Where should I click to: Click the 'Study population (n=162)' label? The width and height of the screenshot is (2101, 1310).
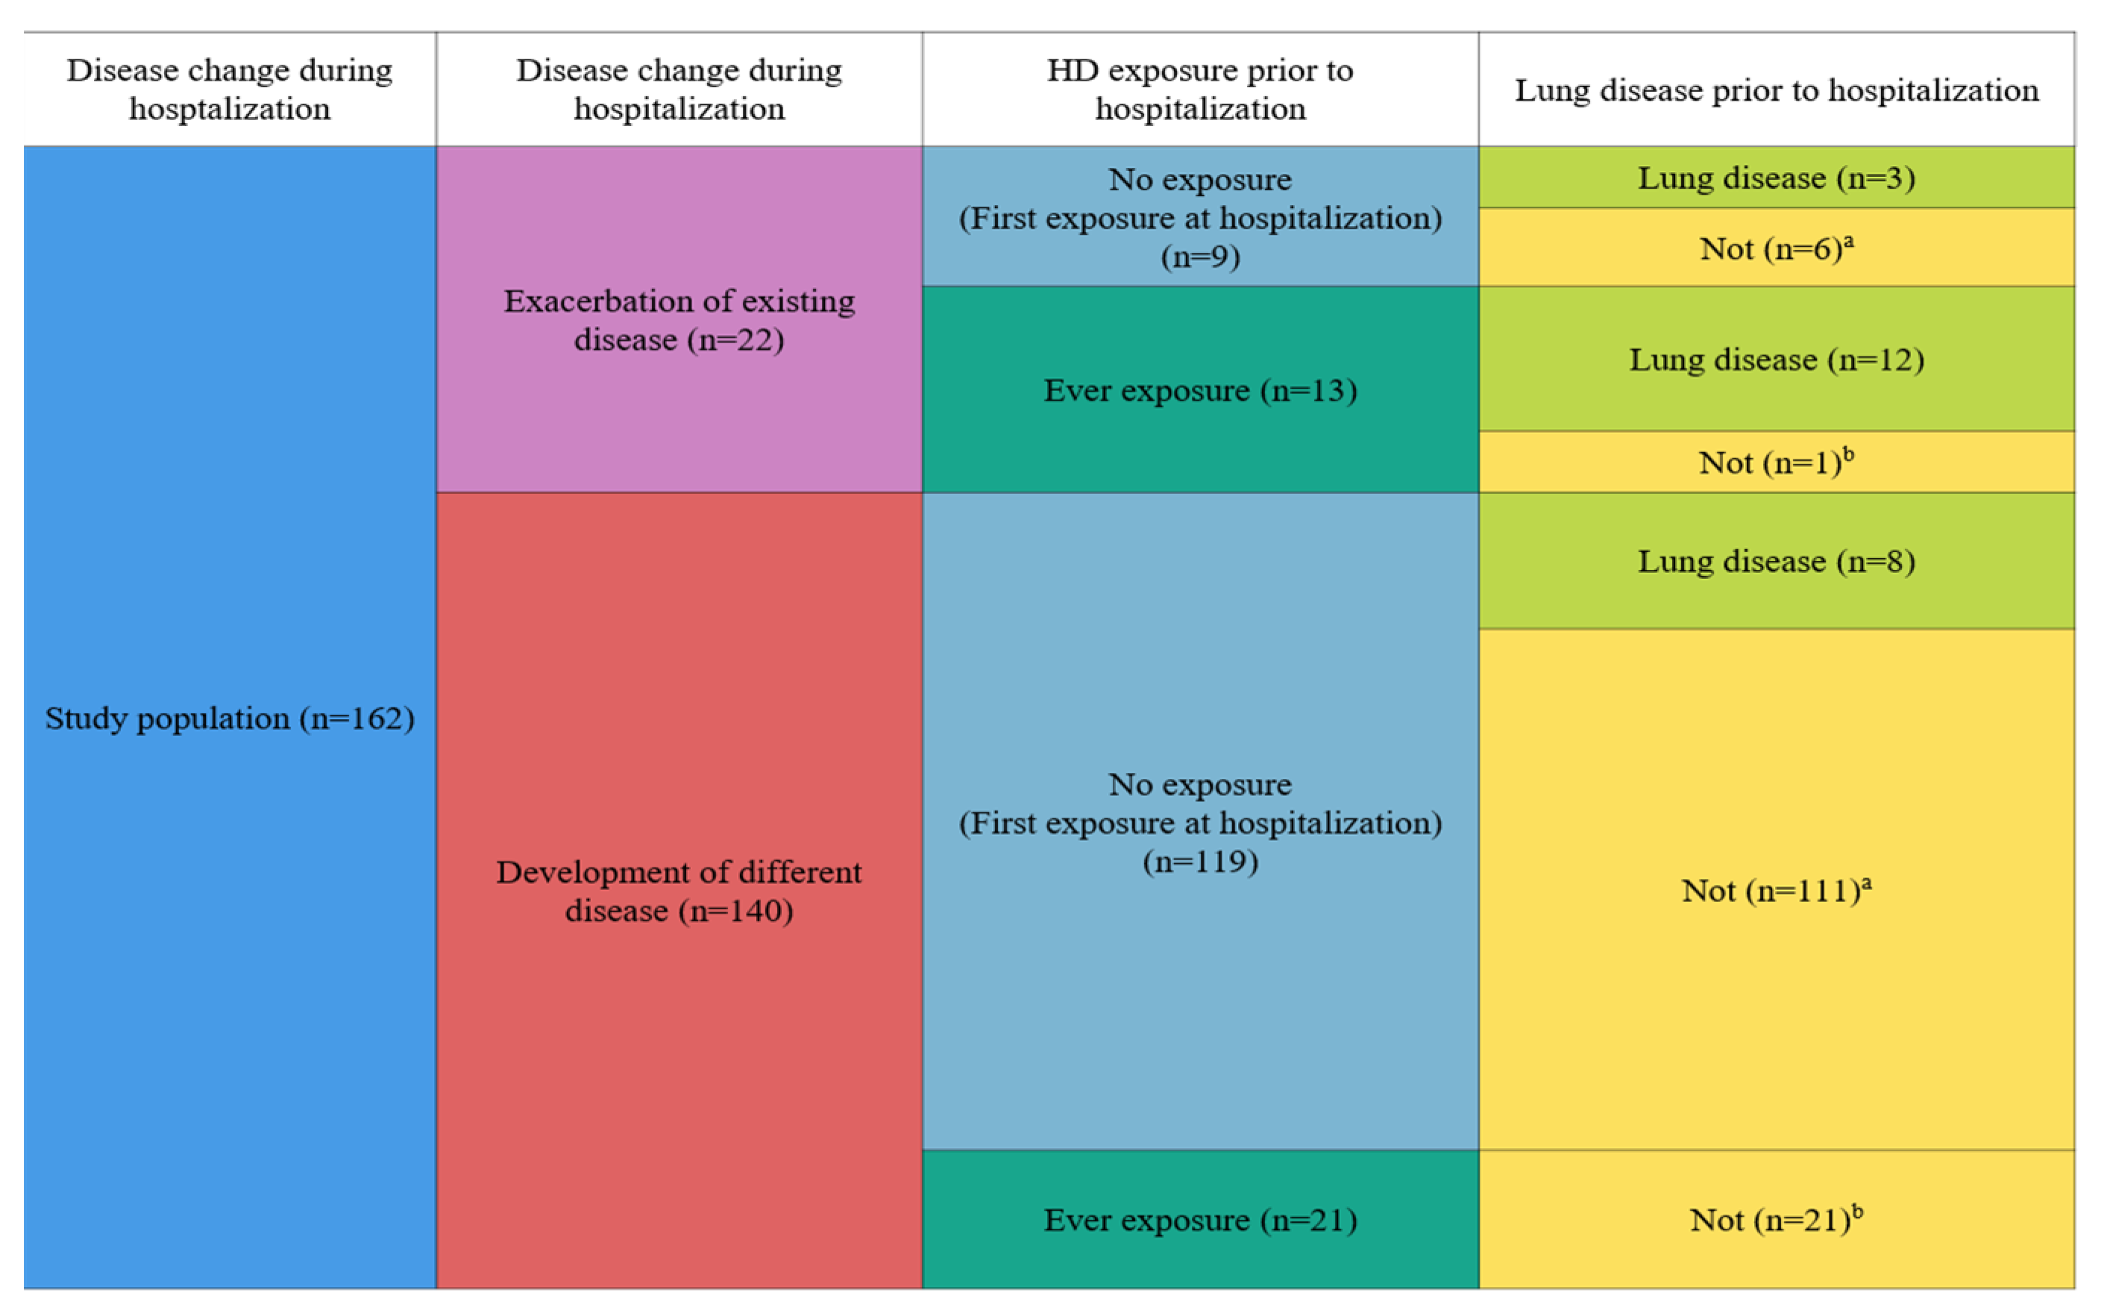230,718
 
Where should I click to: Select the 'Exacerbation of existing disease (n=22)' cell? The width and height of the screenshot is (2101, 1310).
679,320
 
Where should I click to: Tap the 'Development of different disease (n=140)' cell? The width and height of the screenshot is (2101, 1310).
679,891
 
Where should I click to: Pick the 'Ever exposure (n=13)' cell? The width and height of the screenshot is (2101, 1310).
1199,390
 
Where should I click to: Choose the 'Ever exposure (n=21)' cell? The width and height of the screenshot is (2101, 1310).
1199,1220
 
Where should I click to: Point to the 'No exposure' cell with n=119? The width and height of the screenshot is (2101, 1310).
1199,822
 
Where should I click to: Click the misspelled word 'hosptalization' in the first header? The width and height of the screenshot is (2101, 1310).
230,109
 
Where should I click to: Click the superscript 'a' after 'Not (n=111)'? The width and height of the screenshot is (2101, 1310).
1866,882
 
